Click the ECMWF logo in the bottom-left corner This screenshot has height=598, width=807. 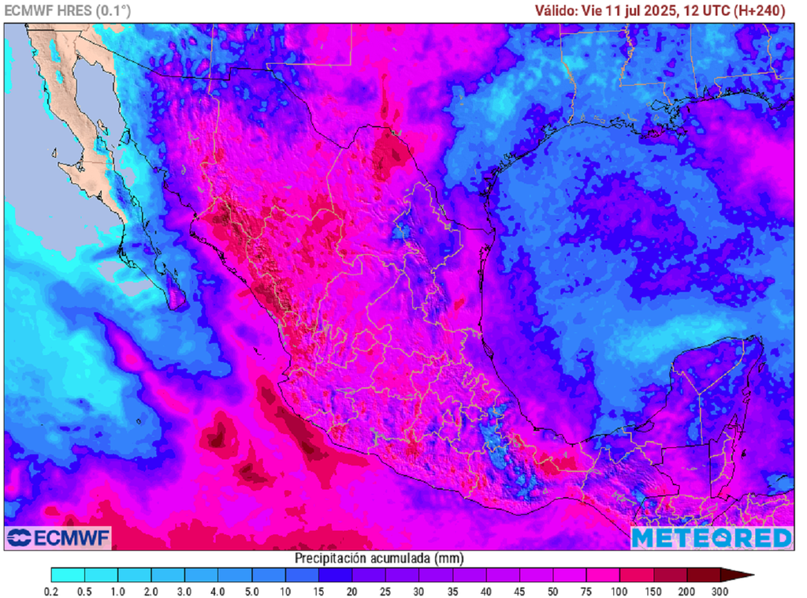click(58, 537)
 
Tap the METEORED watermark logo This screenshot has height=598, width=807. click(712, 537)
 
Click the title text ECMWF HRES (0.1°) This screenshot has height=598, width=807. click(68, 10)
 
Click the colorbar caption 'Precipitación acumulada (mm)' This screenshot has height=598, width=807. click(378, 558)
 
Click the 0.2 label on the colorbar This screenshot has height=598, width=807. click(51, 591)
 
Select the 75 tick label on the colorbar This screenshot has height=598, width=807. click(587, 591)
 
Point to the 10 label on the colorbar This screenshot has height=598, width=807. click(286, 591)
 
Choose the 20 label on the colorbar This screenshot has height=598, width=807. click(353, 591)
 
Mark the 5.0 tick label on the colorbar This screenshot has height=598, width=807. click(252, 591)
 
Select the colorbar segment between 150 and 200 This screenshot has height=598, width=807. click(671, 575)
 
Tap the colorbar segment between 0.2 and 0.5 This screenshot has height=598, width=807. click(68, 575)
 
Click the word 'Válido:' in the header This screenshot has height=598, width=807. click(556, 10)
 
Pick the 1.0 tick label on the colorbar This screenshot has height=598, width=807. click(118, 591)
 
